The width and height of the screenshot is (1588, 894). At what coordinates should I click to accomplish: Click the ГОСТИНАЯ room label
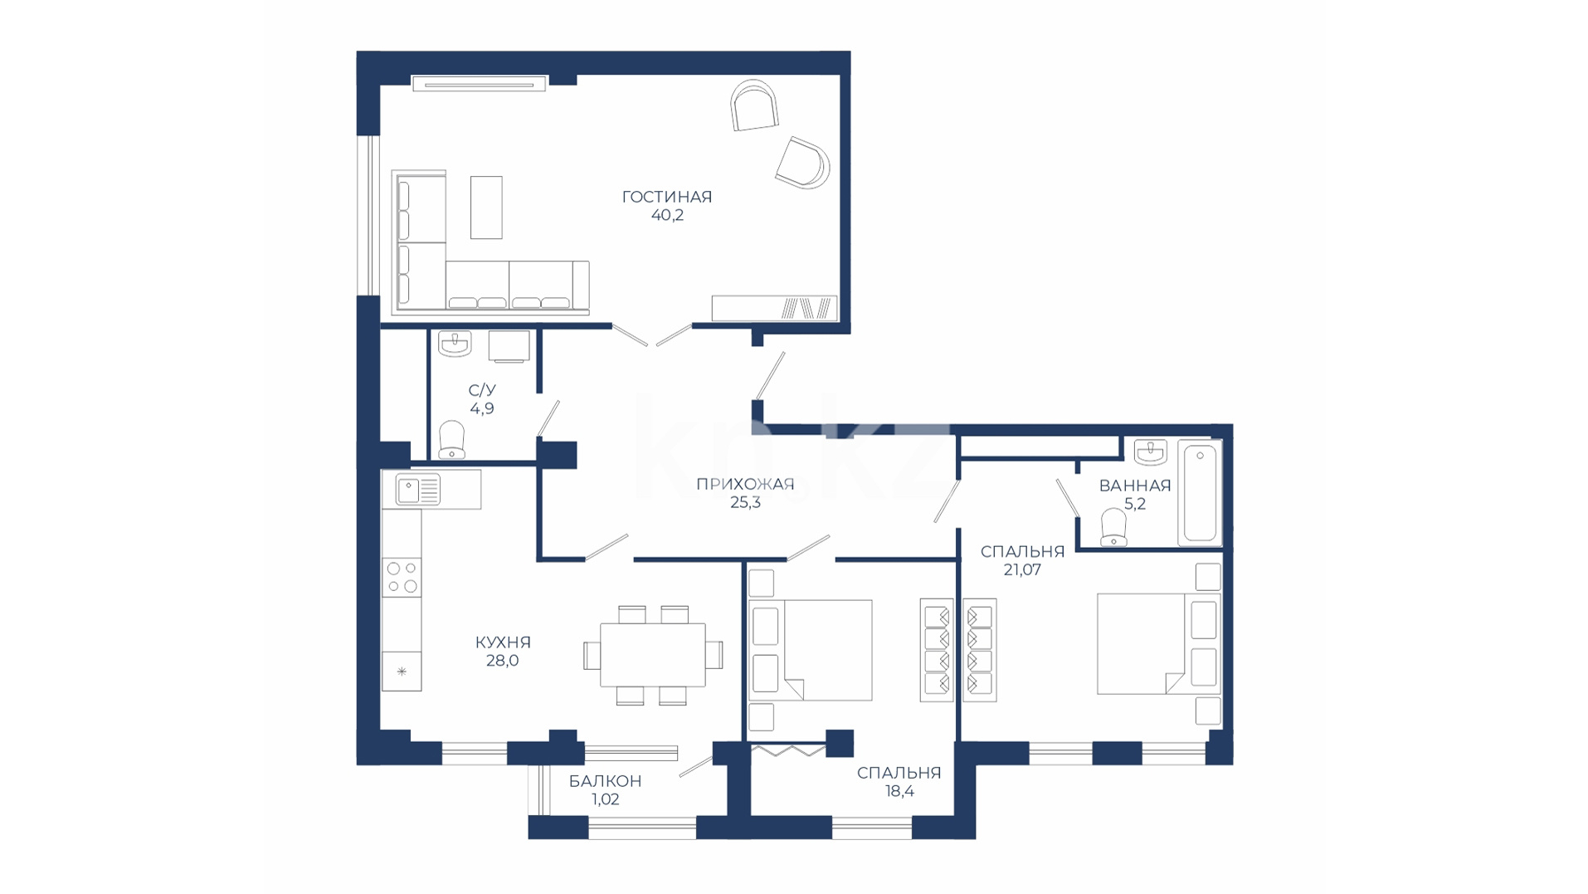(x=667, y=197)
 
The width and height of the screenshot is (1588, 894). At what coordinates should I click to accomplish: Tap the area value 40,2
(x=667, y=215)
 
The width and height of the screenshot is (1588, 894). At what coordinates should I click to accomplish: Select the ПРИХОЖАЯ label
(x=745, y=484)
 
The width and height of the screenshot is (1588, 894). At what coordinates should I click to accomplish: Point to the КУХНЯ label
(x=503, y=642)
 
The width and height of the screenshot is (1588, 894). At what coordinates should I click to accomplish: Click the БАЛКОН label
(x=605, y=781)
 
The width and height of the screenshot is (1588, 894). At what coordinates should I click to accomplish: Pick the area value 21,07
(x=1022, y=569)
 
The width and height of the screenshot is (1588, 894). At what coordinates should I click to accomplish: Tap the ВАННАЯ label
(x=1135, y=486)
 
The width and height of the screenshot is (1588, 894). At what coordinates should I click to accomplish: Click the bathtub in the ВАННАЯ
(x=1200, y=493)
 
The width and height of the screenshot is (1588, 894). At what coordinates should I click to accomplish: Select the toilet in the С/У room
(x=451, y=440)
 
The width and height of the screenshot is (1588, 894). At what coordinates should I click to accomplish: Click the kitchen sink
(x=418, y=490)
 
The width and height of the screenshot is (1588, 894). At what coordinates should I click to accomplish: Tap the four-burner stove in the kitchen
(x=402, y=577)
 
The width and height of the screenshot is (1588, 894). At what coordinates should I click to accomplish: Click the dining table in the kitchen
(x=653, y=655)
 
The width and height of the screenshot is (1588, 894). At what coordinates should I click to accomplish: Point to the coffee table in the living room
(x=486, y=207)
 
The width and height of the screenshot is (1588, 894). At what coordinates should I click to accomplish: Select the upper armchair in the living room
(x=755, y=105)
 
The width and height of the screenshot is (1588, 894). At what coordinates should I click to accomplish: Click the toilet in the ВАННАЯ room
(x=1113, y=528)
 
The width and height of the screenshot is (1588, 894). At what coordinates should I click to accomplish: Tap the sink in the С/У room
(x=455, y=343)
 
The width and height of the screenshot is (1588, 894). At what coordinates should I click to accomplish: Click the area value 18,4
(x=899, y=791)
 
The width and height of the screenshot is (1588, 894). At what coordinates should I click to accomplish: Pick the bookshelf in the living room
(x=774, y=308)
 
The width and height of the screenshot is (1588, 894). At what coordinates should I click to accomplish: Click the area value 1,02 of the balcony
(x=605, y=799)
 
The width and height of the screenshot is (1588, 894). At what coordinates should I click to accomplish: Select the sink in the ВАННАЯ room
(x=1150, y=452)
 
